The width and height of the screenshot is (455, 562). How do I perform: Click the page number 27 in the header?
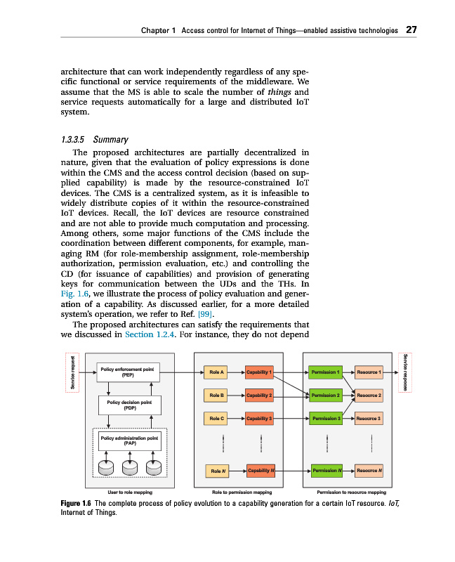411,30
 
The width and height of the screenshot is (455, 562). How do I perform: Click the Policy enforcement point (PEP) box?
128,372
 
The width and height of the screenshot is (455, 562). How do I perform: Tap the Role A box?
215,372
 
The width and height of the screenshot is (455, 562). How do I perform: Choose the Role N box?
215,470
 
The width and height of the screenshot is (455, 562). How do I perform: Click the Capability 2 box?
260,396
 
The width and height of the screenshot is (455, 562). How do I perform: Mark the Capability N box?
260,470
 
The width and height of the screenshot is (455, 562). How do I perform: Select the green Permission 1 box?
326,372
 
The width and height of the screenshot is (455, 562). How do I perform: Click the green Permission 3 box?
326,419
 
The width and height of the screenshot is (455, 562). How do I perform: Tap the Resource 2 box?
369,396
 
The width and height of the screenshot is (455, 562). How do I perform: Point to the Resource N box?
369,470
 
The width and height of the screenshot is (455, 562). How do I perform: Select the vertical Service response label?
407,373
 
